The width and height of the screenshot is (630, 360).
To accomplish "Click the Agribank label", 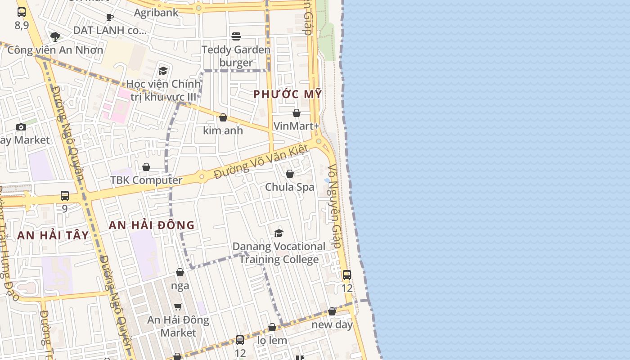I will pos(156,13).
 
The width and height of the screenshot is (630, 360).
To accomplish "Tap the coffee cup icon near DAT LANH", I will pos(109,18).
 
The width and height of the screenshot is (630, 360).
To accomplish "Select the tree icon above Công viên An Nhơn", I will pos(55,36).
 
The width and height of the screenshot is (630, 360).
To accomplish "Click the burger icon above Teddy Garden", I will pos(236,36).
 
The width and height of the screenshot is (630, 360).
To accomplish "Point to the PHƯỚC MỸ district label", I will pos(288,94).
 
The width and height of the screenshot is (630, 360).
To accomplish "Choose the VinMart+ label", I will pos(296,126).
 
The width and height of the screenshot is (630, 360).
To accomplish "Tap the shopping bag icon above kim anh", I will pos(223,118).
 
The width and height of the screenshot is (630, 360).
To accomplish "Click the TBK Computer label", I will pos(146,180).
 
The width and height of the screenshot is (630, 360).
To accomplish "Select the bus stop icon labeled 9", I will pos(65,196).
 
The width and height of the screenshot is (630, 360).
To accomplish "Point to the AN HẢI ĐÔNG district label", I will pos(152,225).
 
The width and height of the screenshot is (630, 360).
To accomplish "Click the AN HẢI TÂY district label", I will pos(53,235).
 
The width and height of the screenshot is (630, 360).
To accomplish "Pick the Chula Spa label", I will pos(290,187).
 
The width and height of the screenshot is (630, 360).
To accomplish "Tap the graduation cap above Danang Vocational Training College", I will pos(279,233).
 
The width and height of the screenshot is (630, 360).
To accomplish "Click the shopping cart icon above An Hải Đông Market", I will pos(178,307).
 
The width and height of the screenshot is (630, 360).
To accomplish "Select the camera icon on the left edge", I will pos(21,127).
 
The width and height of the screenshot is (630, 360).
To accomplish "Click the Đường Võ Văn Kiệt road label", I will pos(261,162).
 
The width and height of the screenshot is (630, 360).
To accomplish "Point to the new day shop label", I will pos(332,324).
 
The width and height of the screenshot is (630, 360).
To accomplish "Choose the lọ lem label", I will pos(272,340).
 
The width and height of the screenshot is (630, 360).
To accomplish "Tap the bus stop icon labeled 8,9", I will pos(22,12).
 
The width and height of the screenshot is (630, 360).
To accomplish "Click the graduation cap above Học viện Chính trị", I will pos(163,71).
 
